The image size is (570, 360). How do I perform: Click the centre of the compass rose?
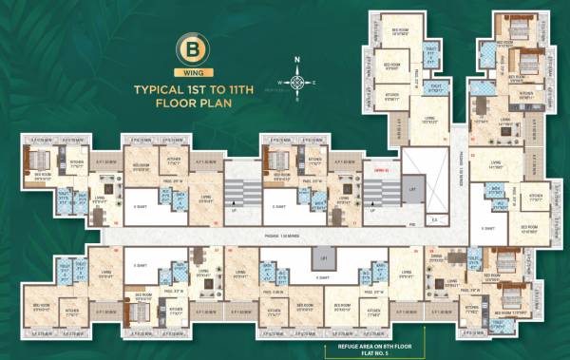[297, 82]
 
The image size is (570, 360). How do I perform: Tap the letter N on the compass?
[297, 61]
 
